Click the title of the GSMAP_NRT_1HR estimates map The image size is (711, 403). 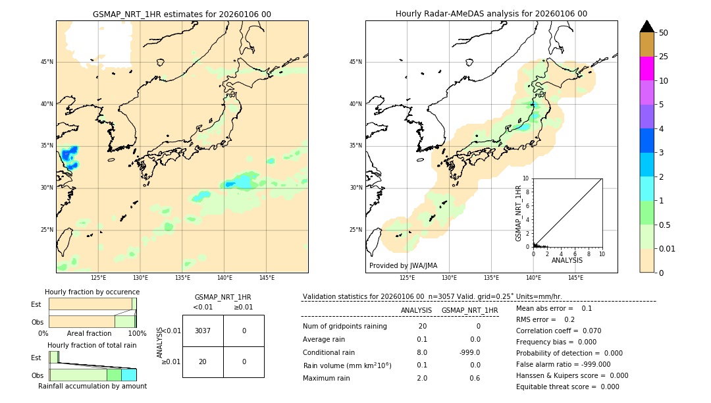(x=182, y=14)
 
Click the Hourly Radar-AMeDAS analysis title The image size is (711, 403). (x=491, y=14)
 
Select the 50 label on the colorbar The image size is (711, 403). (x=664, y=32)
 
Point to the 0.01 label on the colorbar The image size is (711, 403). (x=668, y=248)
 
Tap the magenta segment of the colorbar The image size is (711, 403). (x=646, y=68)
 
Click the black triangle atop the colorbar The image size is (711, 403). (x=646, y=26)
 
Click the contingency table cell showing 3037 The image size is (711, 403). (x=203, y=331)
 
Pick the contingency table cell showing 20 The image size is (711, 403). (x=203, y=362)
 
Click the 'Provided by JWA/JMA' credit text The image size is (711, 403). (x=403, y=265)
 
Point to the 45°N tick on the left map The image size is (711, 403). (x=47, y=62)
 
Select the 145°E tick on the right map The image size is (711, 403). (x=575, y=278)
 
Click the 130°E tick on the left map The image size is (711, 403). (x=140, y=278)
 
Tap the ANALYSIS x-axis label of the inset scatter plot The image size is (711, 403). (x=567, y=260)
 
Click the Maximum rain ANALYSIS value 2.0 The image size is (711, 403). (x=421, y=378)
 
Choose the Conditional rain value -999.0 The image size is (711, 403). (x=470, y=352)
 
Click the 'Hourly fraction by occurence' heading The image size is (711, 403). (x=92, y=292)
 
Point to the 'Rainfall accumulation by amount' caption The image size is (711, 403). (x=92, y=386)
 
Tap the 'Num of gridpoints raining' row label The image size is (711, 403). (x=345, y=326)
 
